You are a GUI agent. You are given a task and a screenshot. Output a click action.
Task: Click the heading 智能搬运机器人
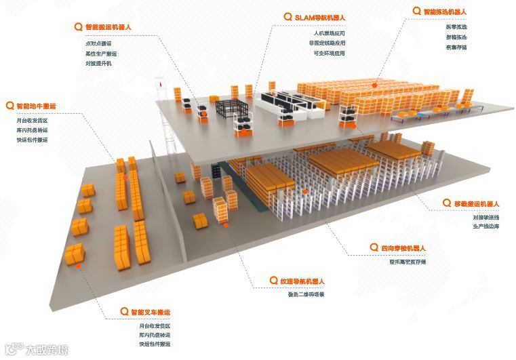point(108,28)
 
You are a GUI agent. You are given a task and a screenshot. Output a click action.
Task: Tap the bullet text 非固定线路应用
point(330,43)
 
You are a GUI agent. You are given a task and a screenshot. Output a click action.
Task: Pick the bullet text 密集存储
point(437,47)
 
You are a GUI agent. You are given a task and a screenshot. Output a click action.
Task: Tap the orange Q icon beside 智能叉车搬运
point(124,312)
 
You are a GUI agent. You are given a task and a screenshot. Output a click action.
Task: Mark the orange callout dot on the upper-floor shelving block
point(375,85)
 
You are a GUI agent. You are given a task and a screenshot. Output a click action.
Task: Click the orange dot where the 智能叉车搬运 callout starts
point(79,266)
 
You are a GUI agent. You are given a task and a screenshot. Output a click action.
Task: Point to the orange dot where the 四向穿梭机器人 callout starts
point(306,192)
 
